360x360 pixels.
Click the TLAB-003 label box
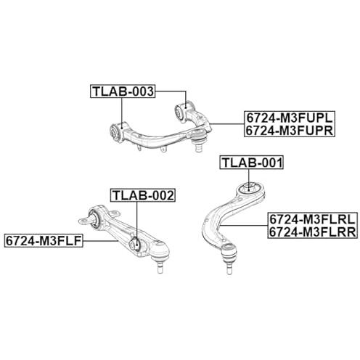123,91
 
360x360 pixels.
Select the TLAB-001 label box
251,163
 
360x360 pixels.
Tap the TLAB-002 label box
143,195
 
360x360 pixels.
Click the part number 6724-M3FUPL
290,118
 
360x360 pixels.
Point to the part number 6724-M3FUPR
290,131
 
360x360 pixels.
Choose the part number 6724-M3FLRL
312,219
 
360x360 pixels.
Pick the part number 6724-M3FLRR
312,232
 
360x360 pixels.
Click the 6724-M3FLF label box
44,240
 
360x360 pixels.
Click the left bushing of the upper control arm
116,132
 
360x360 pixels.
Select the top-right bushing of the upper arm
181,111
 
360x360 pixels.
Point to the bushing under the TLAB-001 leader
250,187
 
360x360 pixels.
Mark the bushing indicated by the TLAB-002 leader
135,245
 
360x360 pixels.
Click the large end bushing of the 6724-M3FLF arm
94,219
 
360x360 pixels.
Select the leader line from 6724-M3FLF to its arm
100,241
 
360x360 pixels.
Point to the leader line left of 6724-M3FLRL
244,225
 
